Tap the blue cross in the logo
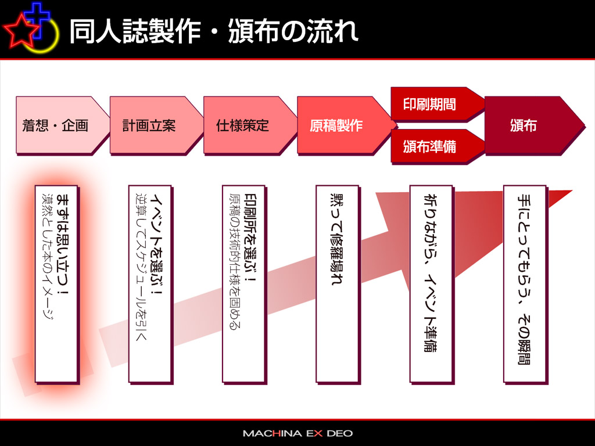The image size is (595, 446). pos(37,19)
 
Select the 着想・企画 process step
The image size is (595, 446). pos(60,125)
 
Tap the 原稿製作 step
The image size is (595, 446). pos(342,125)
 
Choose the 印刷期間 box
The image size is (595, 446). pos(436,103)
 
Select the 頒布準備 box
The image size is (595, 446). pos(436,146)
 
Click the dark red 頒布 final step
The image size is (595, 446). pos(533,125)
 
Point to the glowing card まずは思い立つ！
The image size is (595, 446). pos(56,285)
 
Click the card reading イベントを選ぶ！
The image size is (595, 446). pos(150,285)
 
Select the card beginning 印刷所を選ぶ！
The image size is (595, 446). pos(244,285)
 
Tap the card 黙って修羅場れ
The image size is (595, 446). pos(338,285)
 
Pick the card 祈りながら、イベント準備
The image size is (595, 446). pos(432,285)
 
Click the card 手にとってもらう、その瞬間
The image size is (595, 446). pos(525,285)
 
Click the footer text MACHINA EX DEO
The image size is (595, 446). pos(297,433)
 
